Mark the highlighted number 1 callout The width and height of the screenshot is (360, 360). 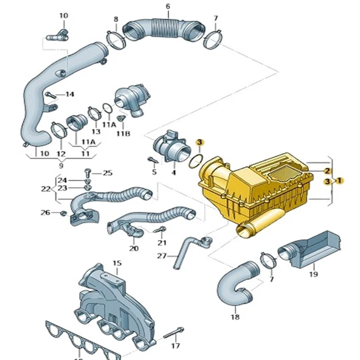coord(339,181)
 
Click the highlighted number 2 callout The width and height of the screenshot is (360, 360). coord(327,171)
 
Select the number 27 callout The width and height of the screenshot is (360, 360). coord(161,255)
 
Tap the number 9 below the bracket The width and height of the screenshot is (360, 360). coord(60,164)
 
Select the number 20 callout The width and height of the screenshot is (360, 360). coord(134,249)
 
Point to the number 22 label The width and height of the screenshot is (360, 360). coord(45,189)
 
